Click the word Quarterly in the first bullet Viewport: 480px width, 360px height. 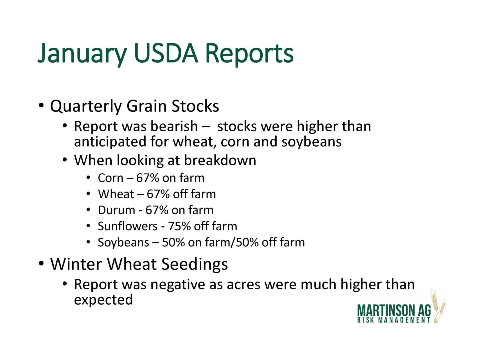(85, 107)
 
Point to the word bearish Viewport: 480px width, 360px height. (174, 126)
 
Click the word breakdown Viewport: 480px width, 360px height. (220, 160)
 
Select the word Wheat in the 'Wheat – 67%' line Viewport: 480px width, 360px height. (116, 194)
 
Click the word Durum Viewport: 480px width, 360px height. (116, 210)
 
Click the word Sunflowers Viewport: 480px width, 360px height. (128, 226)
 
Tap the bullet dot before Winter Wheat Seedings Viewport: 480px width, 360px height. (41, 264)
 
